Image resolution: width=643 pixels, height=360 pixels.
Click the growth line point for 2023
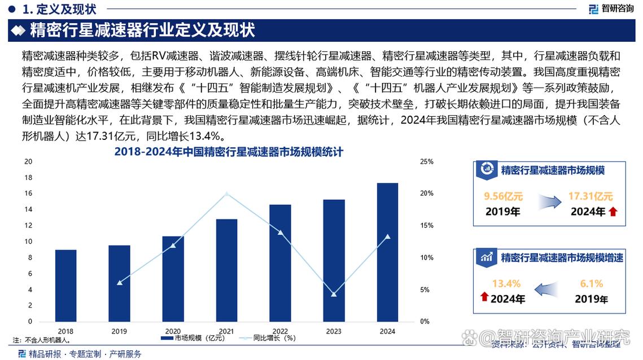334,295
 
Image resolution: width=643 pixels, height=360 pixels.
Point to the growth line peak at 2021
226,194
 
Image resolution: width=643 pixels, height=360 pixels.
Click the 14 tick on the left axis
28,209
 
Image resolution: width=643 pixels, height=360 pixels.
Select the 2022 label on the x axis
279,331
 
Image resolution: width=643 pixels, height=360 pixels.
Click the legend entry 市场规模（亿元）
193,339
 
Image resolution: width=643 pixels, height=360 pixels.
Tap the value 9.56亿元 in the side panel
504,197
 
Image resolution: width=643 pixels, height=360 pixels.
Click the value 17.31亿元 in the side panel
590,197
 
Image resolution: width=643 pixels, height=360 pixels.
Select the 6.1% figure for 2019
591,284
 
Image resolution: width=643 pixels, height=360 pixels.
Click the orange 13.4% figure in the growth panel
506,284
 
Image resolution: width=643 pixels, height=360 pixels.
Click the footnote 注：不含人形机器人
42,340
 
